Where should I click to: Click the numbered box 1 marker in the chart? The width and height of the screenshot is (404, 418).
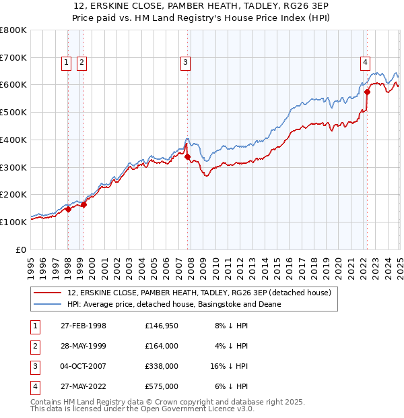click(67, 63)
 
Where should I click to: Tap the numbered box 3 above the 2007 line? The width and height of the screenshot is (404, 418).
click(185, 63)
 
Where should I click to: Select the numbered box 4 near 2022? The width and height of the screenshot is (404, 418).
click(365, 63)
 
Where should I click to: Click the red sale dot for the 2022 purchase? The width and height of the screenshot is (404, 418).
click(367, 92)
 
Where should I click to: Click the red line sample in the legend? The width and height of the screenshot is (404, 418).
click(48, 293)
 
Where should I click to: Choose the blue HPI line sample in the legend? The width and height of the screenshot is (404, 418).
click(48, 304)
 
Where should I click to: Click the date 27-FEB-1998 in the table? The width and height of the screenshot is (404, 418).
click(83, 326)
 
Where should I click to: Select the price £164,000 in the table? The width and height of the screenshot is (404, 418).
click(161, 346)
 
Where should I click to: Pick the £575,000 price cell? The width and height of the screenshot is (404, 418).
click(161, 386)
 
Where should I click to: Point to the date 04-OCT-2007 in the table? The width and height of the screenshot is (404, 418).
click(83, 366)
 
